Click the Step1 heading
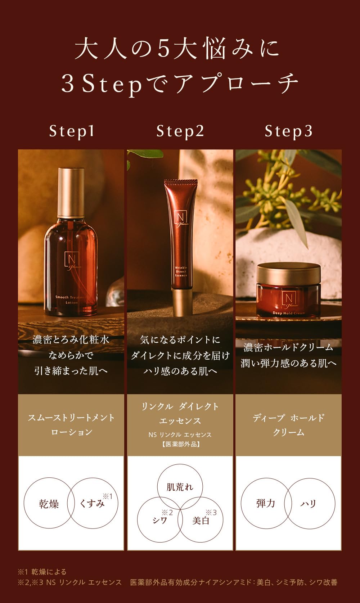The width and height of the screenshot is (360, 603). coord(72,131)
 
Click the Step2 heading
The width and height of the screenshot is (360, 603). coord(180,131)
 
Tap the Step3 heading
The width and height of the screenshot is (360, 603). coord(288,131)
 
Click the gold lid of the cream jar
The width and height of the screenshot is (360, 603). coord(288,273)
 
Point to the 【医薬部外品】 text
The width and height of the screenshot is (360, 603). coord(180,444)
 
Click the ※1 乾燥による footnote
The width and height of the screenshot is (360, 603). coord(42,572)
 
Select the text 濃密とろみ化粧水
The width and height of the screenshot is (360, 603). coord(71,339)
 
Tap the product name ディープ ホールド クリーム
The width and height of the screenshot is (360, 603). coord(288,425)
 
